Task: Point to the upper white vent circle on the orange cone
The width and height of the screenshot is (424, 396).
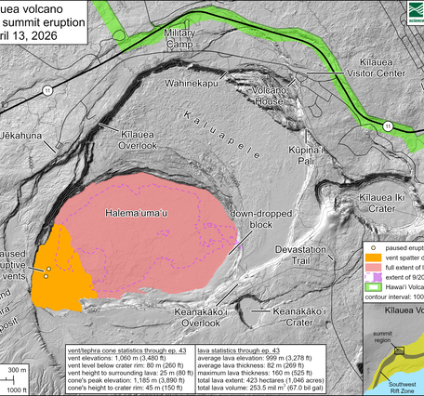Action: click(x=47, y=269)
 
